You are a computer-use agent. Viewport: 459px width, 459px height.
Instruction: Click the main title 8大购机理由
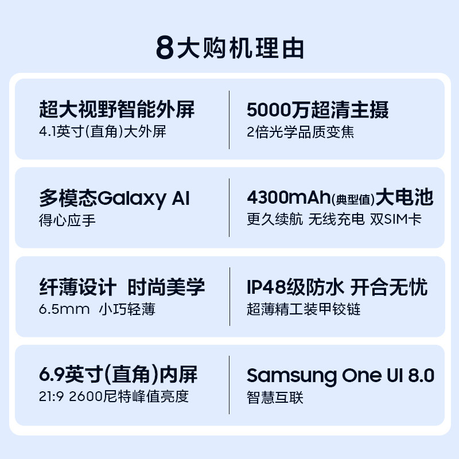229,48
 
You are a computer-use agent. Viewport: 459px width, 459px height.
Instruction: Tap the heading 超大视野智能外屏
117,109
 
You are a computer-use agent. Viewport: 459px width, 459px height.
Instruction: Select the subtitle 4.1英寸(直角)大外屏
102,131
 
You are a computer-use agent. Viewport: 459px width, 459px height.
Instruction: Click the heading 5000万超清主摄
317,109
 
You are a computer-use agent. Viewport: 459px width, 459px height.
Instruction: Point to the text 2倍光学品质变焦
300,131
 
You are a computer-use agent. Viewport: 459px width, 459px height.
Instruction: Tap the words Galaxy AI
143,199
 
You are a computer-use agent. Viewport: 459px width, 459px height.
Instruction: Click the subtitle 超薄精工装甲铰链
304,309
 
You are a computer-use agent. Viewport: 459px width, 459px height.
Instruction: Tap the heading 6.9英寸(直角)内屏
118,375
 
